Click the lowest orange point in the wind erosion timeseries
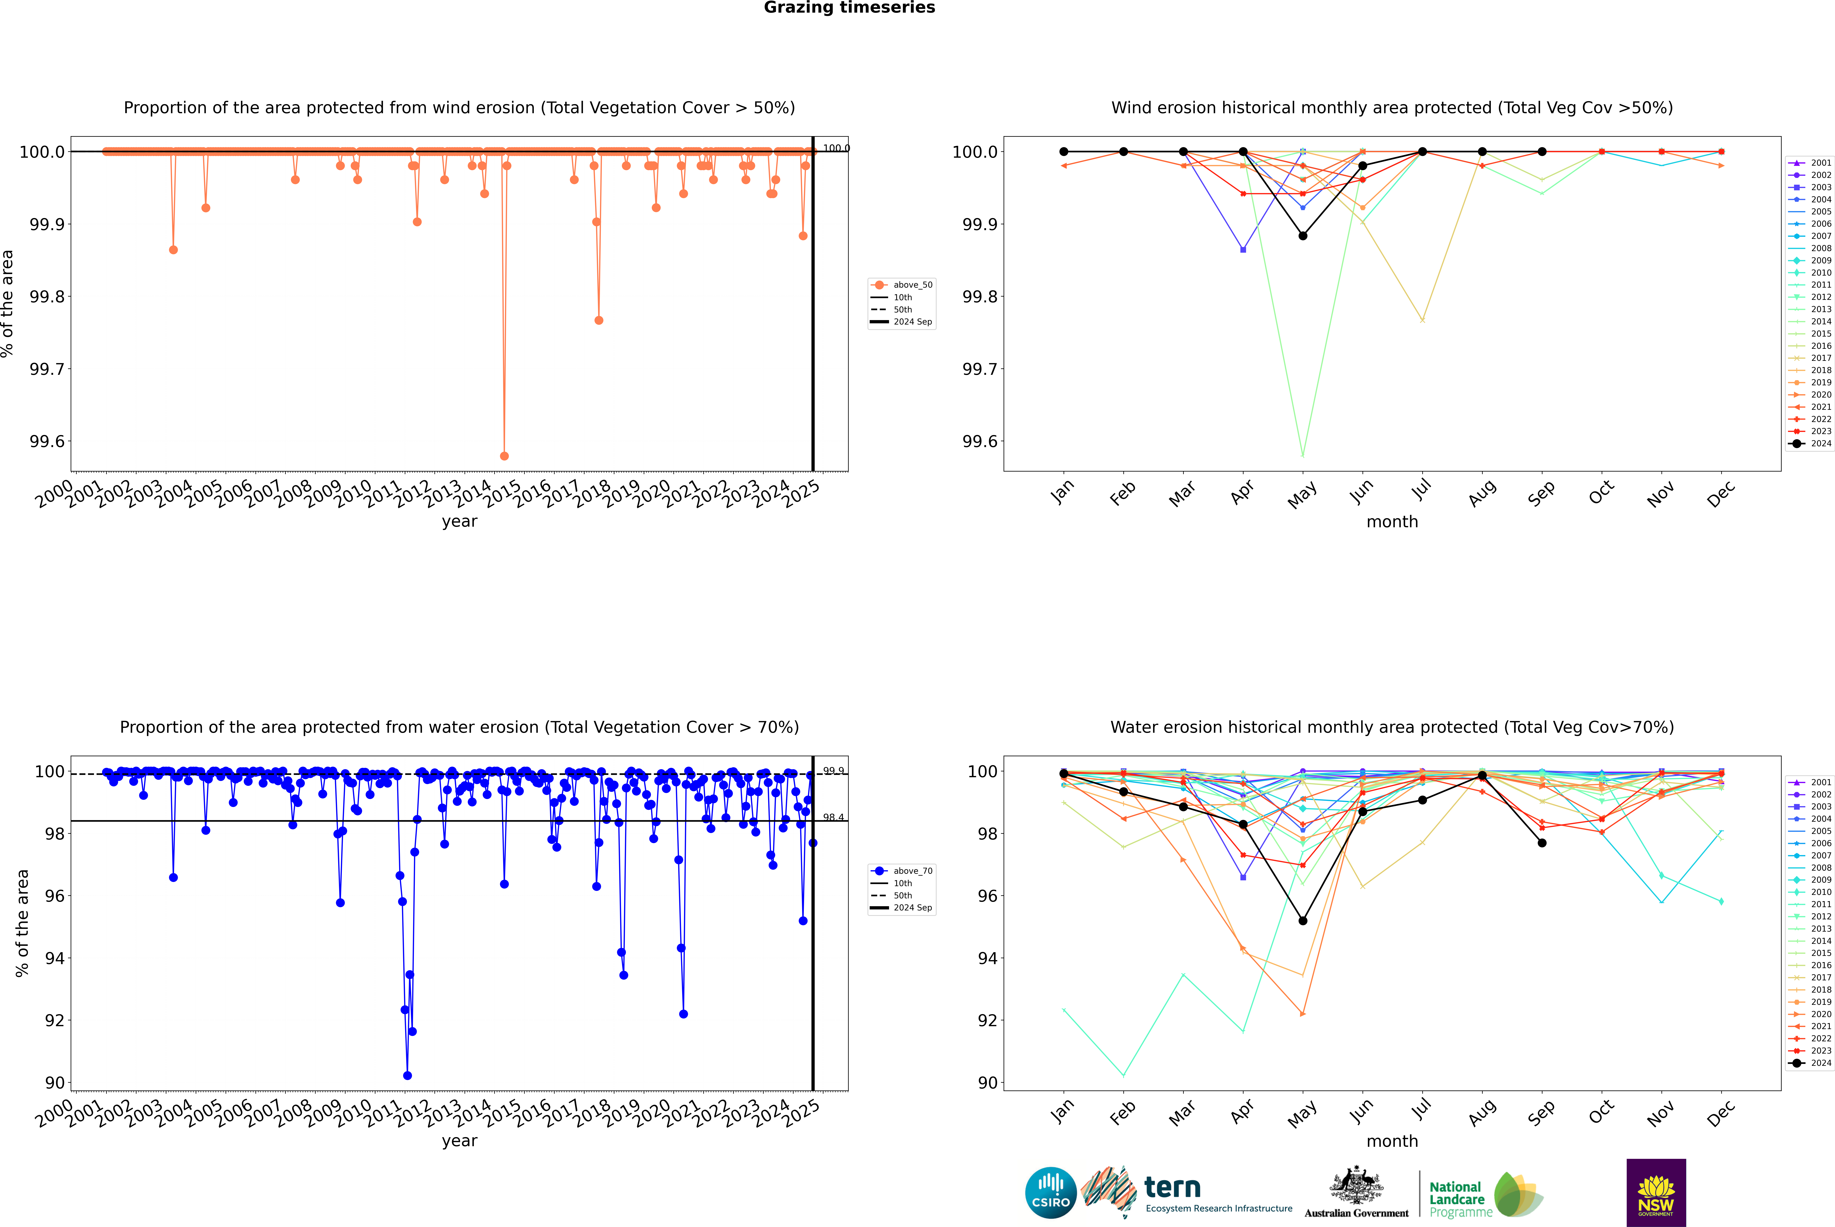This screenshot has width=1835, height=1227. [x=505, y=455]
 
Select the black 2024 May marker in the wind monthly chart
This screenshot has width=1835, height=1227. [x=1302, y=236]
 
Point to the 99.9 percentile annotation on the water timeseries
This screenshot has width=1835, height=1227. [x=833, y=771]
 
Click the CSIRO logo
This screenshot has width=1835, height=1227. [x=1051, y=1193]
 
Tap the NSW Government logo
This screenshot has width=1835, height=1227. [x=1656, y=1193]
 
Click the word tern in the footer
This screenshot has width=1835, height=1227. [x=1172, y=1187]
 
